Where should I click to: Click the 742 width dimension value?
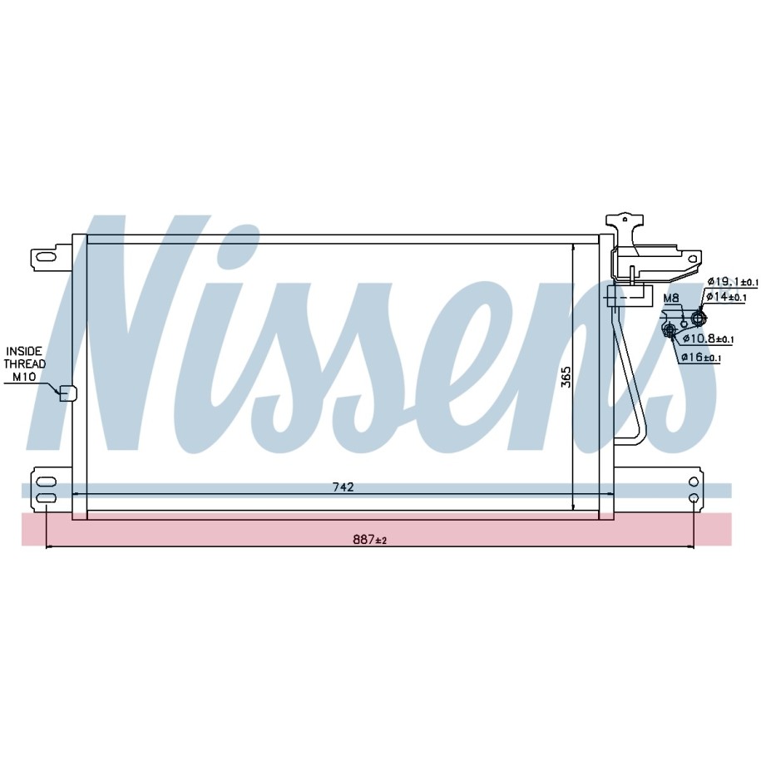point(343,487)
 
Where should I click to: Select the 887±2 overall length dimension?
point(370,539)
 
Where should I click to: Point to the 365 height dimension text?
point(566,377)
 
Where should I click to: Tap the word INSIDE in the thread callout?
point(24,351)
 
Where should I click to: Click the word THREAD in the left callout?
point(25,363)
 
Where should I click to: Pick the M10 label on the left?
point(24,377)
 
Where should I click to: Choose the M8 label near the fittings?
point(671,298)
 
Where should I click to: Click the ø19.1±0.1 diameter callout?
point(732,281)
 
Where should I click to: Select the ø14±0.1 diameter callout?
point(726,297)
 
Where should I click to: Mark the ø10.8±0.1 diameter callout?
point(708,338)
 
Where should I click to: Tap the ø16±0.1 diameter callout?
point(701,358)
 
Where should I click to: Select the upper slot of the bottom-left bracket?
point(46,482)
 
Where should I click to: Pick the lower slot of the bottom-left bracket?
point(46,498)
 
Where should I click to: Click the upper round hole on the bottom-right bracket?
point(694,482)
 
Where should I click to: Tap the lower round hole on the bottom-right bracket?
point(694,498)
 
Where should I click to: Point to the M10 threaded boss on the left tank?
point(68,393)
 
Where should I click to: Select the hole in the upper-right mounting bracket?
point(693,259)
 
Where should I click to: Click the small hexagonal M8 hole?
point(684,324)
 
